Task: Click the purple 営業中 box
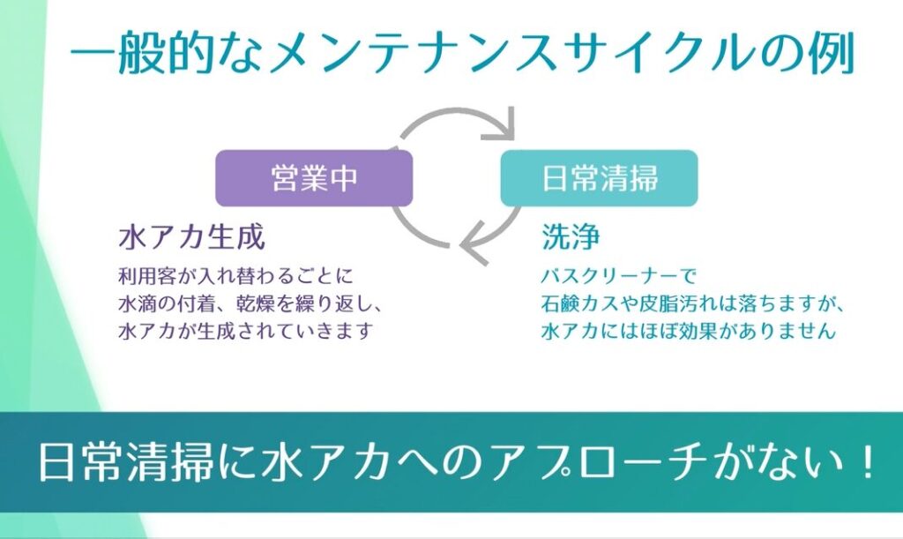coord(314,178)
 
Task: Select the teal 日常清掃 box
coord(599,178)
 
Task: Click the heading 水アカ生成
coord(191,236)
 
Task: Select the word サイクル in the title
coord(643,55)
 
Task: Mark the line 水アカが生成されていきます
coord(246,332)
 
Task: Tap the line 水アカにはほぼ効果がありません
coord(687,332)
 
